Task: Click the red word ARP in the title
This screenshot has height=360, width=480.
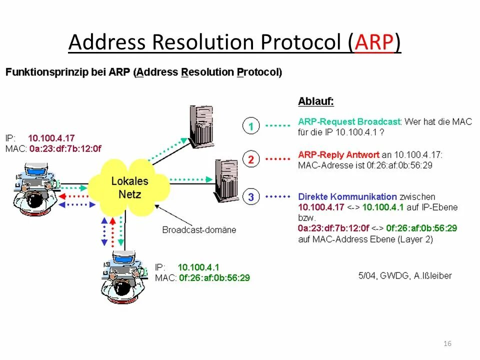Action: tap(374, 43)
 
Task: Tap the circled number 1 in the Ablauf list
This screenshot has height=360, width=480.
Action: tap(251, 126)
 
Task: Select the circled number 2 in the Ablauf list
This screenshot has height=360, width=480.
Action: tap(251, 159)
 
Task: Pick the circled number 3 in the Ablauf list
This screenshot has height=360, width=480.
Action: tap(251, 197)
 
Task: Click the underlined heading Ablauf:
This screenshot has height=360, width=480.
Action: tap(315, 101)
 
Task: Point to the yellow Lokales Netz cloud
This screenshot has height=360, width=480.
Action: tap(129, 187)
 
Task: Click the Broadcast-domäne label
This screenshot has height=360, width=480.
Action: tap(199, 230)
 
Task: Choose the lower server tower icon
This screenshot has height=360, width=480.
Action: tap(228, 179)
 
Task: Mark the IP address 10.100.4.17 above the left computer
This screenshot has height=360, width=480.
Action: tap(51, 138)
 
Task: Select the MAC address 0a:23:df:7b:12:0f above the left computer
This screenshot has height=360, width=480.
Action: tap(65, 148)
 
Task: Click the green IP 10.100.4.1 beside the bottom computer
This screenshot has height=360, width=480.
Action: tap(198, 267)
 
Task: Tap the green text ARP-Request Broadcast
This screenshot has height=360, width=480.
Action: tap(349, 121)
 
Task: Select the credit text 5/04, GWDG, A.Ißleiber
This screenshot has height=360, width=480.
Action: tap(405, 275)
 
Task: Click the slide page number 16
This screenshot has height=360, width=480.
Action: tap(447, 343)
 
